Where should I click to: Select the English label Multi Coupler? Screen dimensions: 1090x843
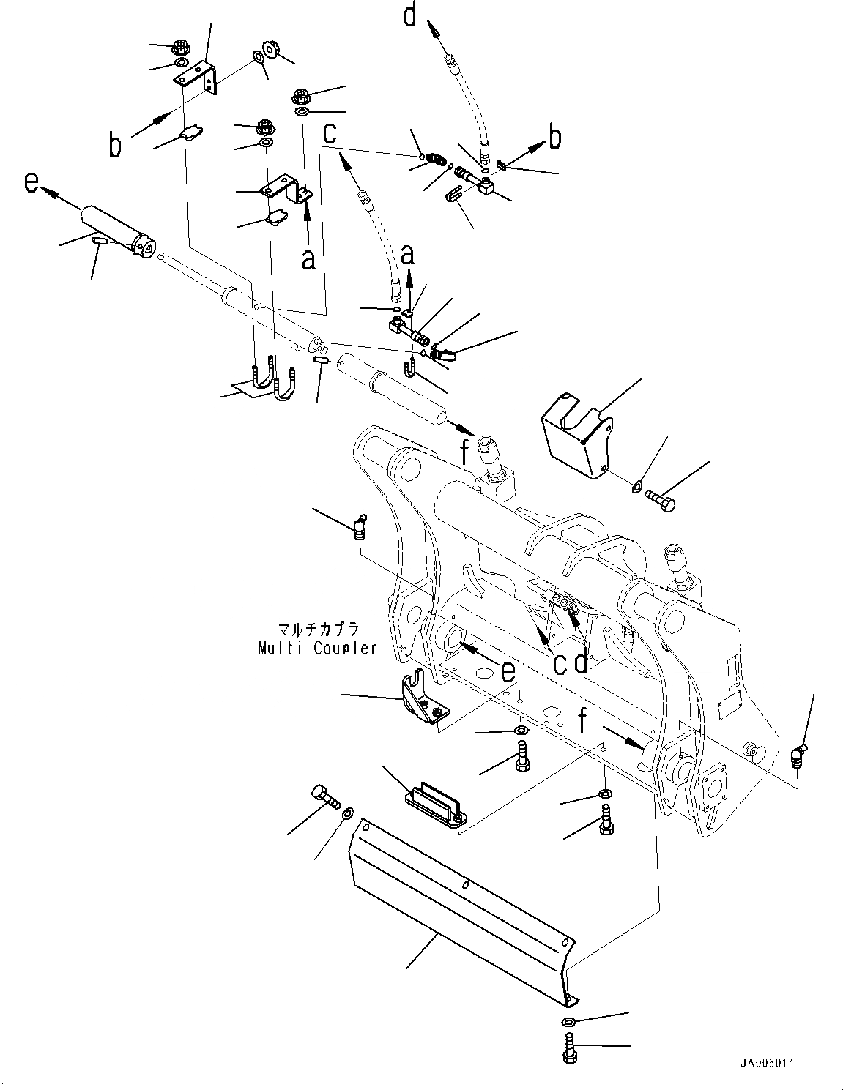pyautogui.click(x=317, y=648)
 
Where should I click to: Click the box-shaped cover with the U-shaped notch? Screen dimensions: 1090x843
pyautogui.click(x=576, y=435)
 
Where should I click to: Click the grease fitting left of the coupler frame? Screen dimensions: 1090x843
pyautogui.click(x=360, y=528)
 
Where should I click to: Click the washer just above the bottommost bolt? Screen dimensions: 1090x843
pyautogui.click(x=569, y=1022)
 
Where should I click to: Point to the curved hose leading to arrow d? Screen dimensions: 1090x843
pyautogui.click(x=469, y=102)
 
